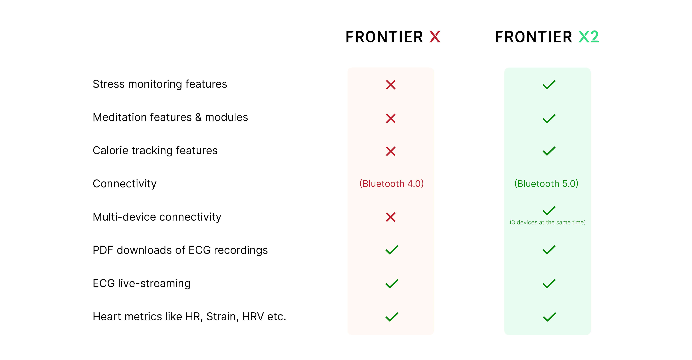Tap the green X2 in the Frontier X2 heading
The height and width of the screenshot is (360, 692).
(589, 37)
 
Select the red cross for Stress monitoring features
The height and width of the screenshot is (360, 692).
(391, 85)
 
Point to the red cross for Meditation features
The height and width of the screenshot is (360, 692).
(391, 118)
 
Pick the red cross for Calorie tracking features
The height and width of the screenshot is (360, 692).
(391, 151)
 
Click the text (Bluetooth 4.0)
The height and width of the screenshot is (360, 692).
(391, 184)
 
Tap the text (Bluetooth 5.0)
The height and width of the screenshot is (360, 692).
(546, 184)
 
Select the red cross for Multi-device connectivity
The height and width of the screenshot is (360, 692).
(391, 217)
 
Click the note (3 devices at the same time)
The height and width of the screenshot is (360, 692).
(548, 222)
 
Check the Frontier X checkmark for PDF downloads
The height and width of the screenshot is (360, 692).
(392, 250)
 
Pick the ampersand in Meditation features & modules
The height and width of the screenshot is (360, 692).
(198, 117)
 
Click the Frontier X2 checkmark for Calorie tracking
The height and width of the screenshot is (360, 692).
(549, 151)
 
